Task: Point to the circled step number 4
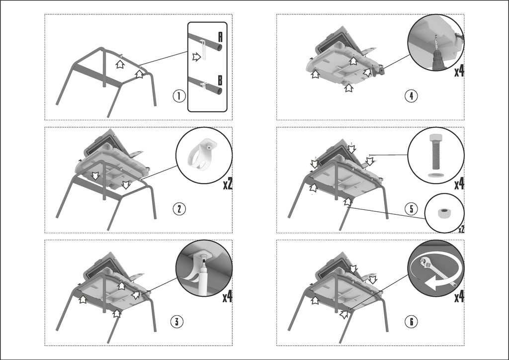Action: (x=411, y=96)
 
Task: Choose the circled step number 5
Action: (x=411, y=209)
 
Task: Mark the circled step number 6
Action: (x=411, y=322)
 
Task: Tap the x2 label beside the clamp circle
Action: (x=228, y=184)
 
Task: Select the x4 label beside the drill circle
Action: (x=459, y=71)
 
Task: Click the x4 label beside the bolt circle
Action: (x=459, y=184)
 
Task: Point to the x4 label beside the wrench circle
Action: (x=459, y=297)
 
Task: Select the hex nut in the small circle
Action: (x=441, y=213)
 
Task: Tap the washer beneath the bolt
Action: (x=435, y=175)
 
